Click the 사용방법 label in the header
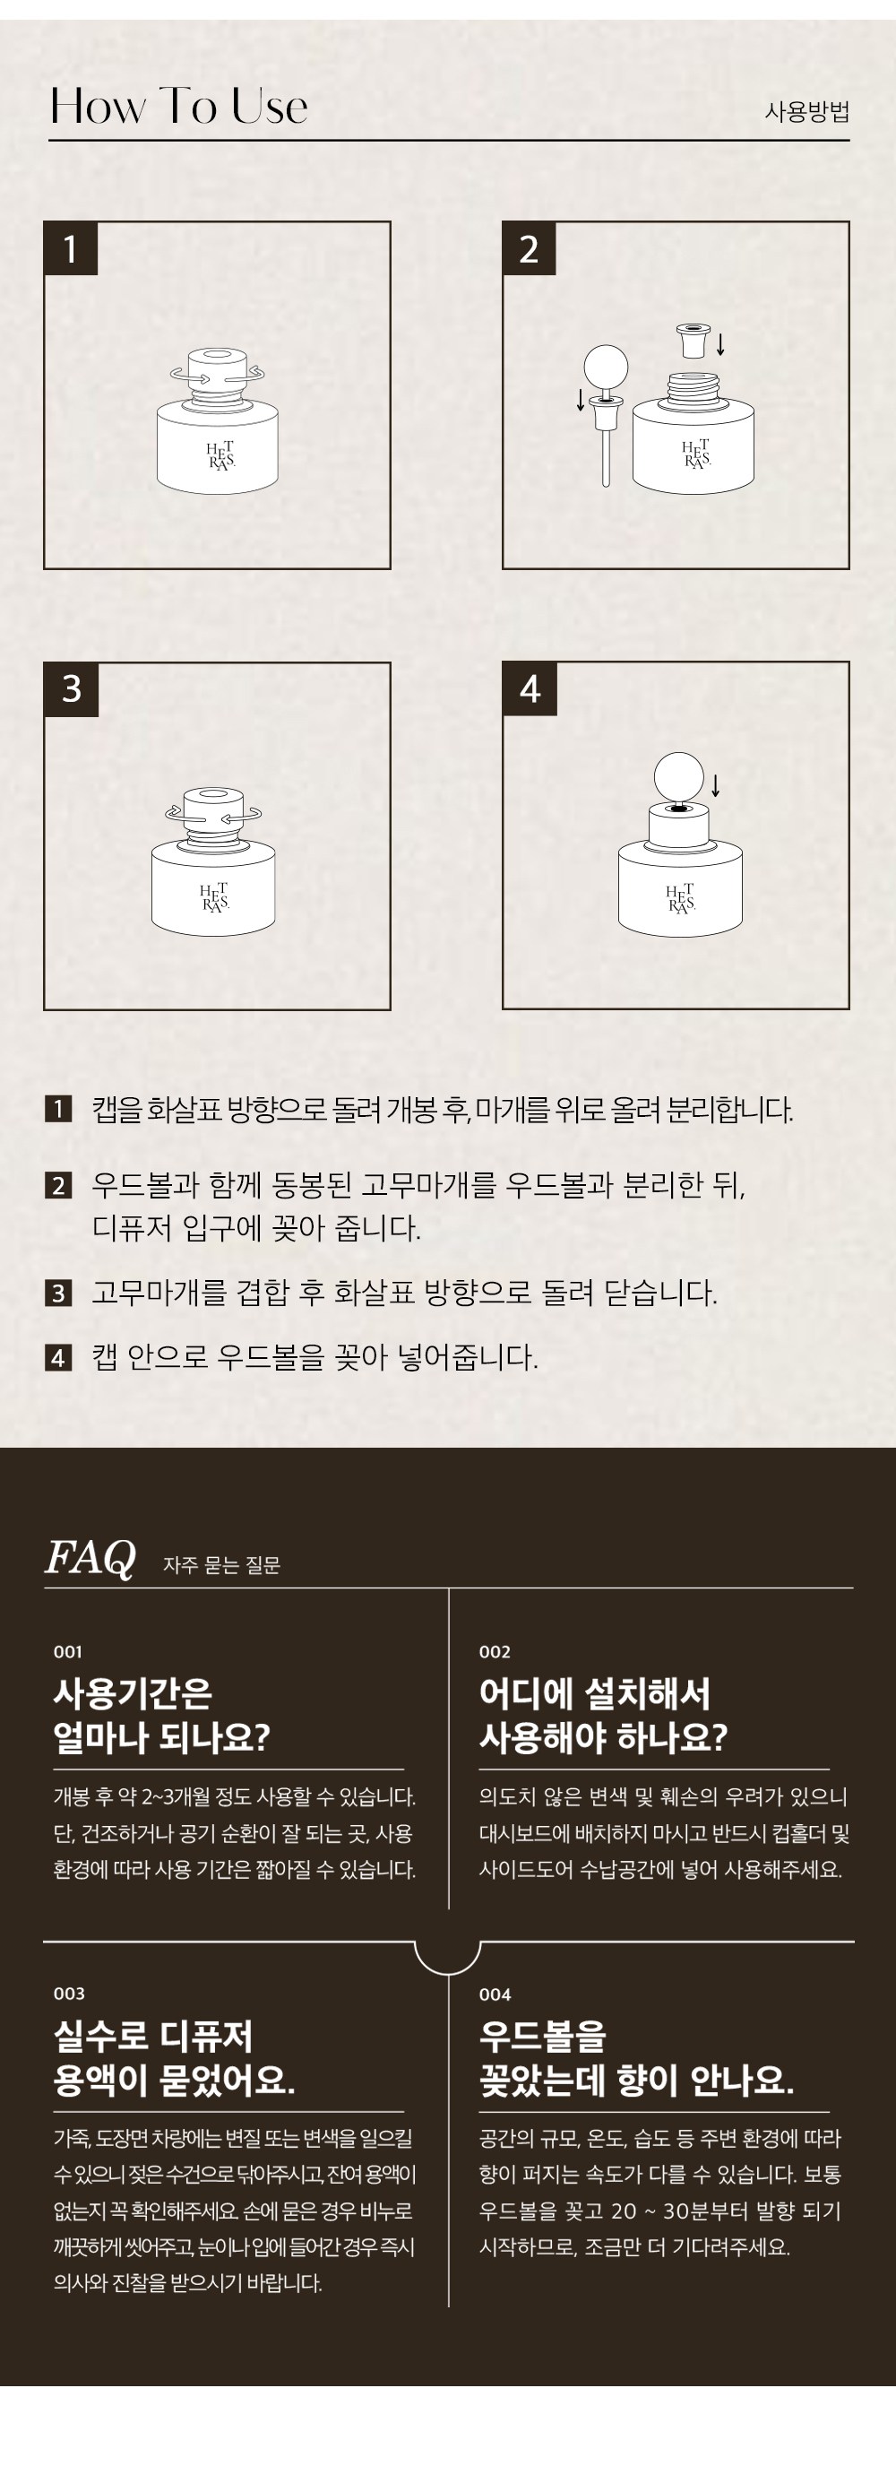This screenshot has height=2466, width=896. click(806, 111)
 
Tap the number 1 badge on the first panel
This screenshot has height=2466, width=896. click(71, 249)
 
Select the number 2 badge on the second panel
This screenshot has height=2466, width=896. click(530, 249)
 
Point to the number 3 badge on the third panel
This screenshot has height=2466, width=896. click(72, 689)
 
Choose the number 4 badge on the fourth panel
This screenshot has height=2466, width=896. click(530, 689)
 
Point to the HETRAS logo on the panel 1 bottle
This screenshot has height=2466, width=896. click(220, 454)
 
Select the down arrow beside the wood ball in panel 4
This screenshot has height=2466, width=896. click(715, 785)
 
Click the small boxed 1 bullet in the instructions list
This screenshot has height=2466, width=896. click(58, 1110)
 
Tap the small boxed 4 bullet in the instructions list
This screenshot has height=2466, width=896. click(58, 1357)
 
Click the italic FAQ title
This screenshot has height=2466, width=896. click(90, 1558)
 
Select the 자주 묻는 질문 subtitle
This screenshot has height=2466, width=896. click(221, 1565)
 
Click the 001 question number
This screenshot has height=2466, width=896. click(68, 1651)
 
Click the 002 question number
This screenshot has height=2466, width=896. click(495, 1651)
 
